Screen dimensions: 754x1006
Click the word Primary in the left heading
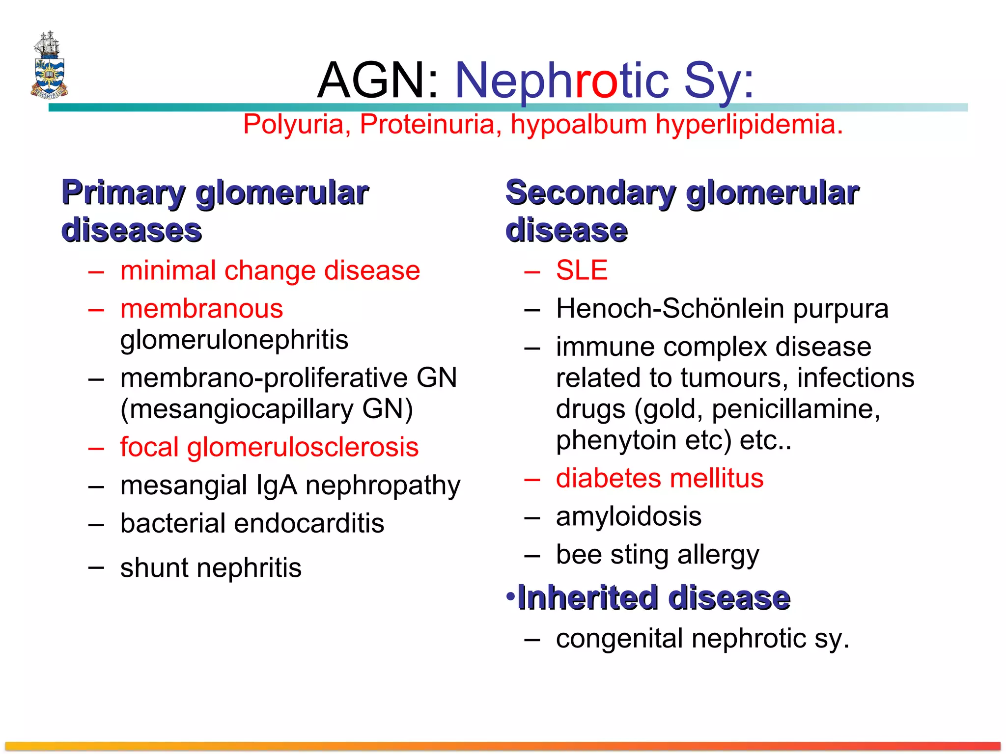(x=123, y=192)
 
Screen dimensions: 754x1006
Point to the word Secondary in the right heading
(x=590, y=192)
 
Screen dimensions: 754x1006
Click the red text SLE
(x=582, y=270)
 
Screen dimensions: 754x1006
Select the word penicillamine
(x=796, y=409)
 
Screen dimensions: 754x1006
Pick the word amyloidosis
(x=628, y=516)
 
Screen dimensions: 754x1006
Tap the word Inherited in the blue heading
(x=588, y=598)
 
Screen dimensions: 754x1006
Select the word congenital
(x=619, y=639)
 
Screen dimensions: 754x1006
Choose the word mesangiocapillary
(x=237, y=409)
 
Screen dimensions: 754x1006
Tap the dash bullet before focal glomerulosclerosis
(x=96, y=448)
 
